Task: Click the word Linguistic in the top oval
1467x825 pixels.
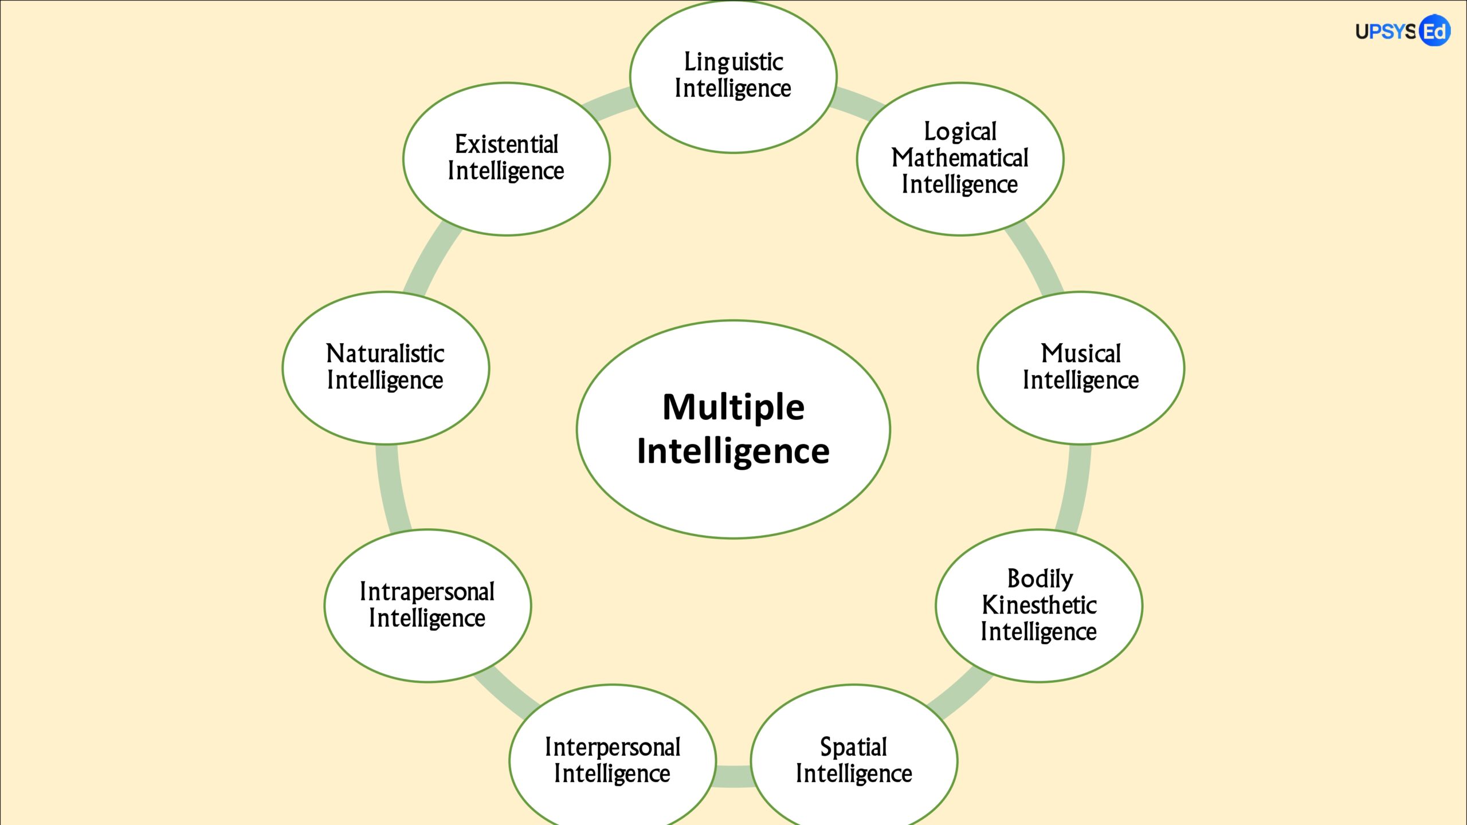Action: tap(733, 62)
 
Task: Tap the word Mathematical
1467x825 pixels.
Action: tap(960, 158)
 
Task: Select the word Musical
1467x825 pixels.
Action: tap(1081, 353)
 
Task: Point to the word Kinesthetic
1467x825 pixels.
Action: tap(1039, 605)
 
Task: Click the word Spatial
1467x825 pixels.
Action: tap(853, 747)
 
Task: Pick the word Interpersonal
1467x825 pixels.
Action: tap(613, 747)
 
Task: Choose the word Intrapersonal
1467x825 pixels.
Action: tap(427, 592)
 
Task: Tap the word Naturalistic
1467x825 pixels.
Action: tap(385, 353)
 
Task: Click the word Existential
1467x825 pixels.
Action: tap(507, 144)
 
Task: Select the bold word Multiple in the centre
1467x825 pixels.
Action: tap(733, 407)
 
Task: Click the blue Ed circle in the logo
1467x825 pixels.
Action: tap(1435, 31)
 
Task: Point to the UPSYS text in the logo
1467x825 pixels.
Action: tap(1386, 32)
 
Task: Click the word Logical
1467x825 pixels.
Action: tap(960, 132)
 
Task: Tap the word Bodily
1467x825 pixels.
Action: tap(1040, 579)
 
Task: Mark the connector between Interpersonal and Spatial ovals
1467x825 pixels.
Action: tap(733, 776)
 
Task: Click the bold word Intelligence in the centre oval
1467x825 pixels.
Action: tap(733, 451)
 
